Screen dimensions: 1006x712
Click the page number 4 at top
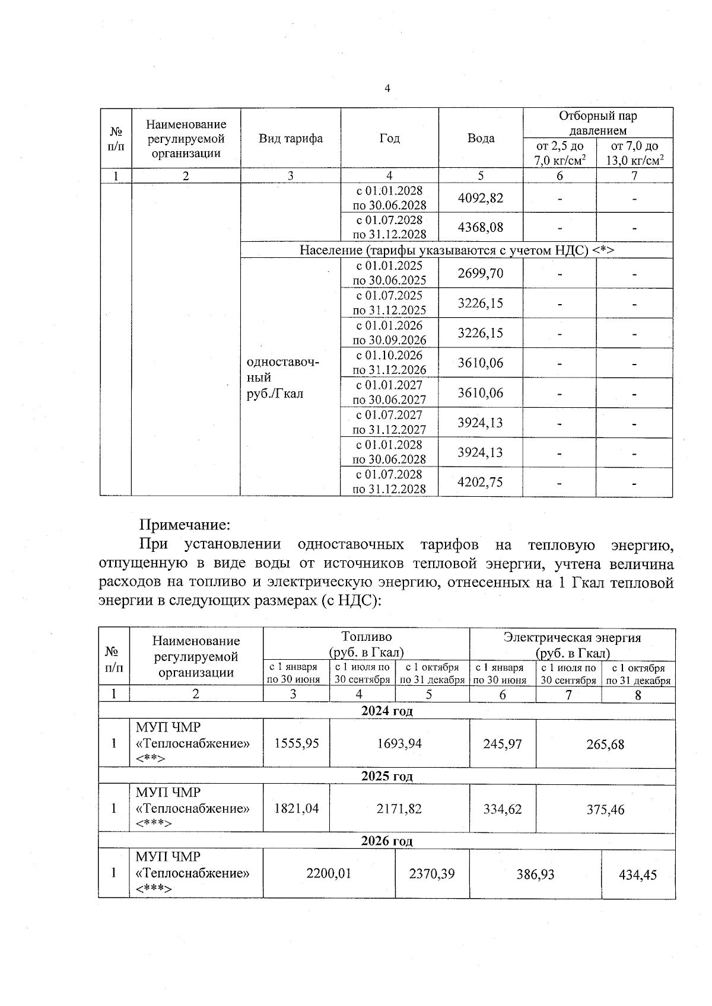(387, 89)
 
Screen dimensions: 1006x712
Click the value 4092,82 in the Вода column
(480, 198)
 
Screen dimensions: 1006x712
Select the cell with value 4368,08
(480, 228)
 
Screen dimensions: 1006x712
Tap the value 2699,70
(480, 273)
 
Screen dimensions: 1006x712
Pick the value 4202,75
(480, 482)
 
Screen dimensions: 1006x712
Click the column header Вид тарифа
(291, 139)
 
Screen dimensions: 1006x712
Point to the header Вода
(480, 139)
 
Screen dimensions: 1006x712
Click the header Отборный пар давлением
(597, 123)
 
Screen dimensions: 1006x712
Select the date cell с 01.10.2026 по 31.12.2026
(389, 363)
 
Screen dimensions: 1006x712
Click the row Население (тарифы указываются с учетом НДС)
(456, 250)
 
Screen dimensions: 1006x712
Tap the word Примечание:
(184, 525)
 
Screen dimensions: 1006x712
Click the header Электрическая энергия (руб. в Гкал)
(572, 645)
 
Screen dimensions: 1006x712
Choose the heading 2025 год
(387, 776)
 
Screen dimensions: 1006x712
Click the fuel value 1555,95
(296, 743)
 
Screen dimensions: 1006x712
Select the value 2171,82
(399, 809)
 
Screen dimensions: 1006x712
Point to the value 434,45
(638, 874)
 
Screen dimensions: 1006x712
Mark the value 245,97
(502, 743)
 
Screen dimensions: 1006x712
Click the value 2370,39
(432, 874)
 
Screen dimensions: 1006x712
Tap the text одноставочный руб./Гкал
(283, 378)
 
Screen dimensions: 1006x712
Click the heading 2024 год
(387, 711)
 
